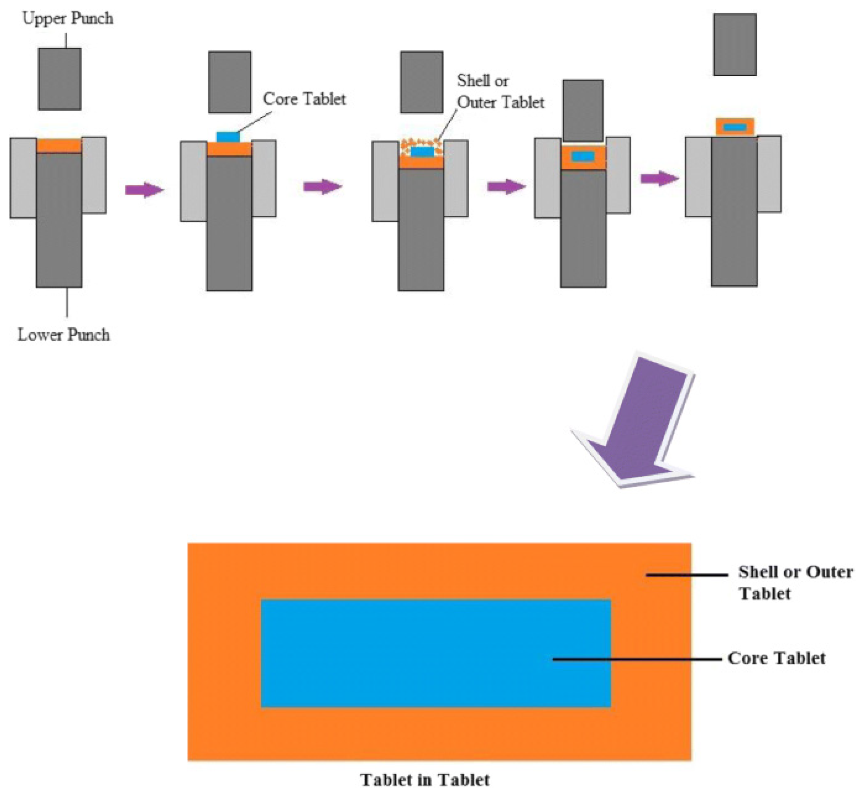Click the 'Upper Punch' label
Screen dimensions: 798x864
coord(68,19)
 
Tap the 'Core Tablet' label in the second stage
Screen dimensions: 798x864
coord(304,99)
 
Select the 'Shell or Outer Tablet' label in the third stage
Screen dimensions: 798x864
coord(500,92)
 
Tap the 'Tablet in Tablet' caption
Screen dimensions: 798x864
coord(425,780)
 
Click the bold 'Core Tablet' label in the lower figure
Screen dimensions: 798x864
coord(776,658)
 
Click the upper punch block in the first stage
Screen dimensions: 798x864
coord(59,79)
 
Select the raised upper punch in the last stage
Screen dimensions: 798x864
coord(734,45)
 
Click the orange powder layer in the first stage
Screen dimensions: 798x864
coord(59,145)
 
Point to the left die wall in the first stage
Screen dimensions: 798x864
coord(23,177)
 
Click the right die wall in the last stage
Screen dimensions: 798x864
coord(769,174)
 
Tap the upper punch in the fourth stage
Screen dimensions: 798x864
coord(583,111)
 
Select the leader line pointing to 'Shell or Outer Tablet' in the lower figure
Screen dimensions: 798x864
coord(686,575)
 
